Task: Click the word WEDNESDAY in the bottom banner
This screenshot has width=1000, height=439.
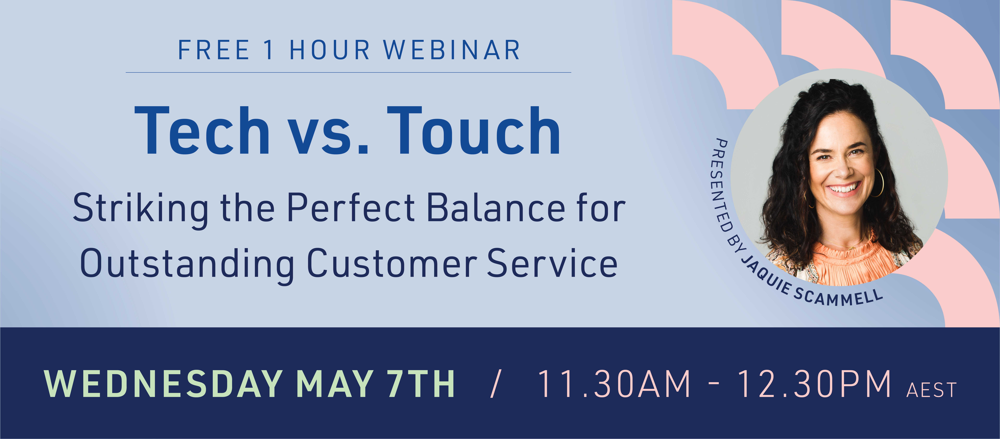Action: click(163, 384)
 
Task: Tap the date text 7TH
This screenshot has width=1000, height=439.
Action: click(421, 384)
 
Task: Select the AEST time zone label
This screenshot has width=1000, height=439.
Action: click(931, 390)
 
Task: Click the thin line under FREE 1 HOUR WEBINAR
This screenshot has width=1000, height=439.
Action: click(348, 72)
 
